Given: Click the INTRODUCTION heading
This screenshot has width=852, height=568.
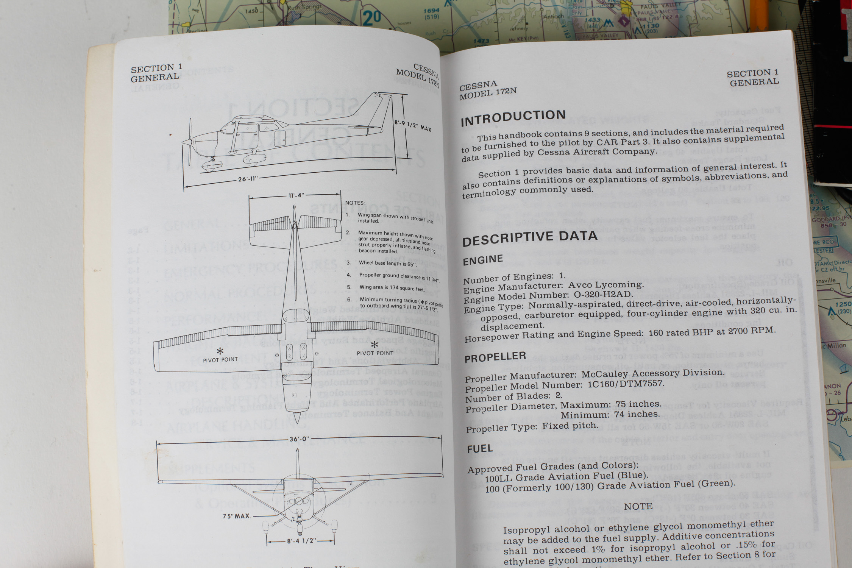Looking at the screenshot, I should click(x=513, y=118).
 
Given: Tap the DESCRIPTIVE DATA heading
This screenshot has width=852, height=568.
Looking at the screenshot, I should click(x=530, y=238).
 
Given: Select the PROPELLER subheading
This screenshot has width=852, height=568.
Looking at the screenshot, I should click(x=495, y=357).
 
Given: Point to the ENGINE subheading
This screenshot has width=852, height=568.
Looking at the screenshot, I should click(x=483, y=260).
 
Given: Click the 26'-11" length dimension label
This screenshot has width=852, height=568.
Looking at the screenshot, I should click(x=248, y=179).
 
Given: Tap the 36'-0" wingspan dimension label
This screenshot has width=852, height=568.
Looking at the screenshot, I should click(x=299, y=439).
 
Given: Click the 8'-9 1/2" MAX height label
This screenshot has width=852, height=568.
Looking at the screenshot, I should click(x=413, y=126).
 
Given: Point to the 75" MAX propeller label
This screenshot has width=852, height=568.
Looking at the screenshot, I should click(x=237, y=516).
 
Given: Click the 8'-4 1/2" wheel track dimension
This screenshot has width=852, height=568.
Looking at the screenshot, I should click(x=301, y=541).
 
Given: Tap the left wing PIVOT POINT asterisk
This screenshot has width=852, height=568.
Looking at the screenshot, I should click(x=220, y=351).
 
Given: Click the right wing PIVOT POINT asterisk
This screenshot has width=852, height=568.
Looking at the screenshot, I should click(x=374, y=345).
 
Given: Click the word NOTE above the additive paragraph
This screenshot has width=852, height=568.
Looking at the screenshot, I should click(x=638, y=507).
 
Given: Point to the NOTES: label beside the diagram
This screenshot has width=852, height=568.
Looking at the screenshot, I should click(x=355, y=203).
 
